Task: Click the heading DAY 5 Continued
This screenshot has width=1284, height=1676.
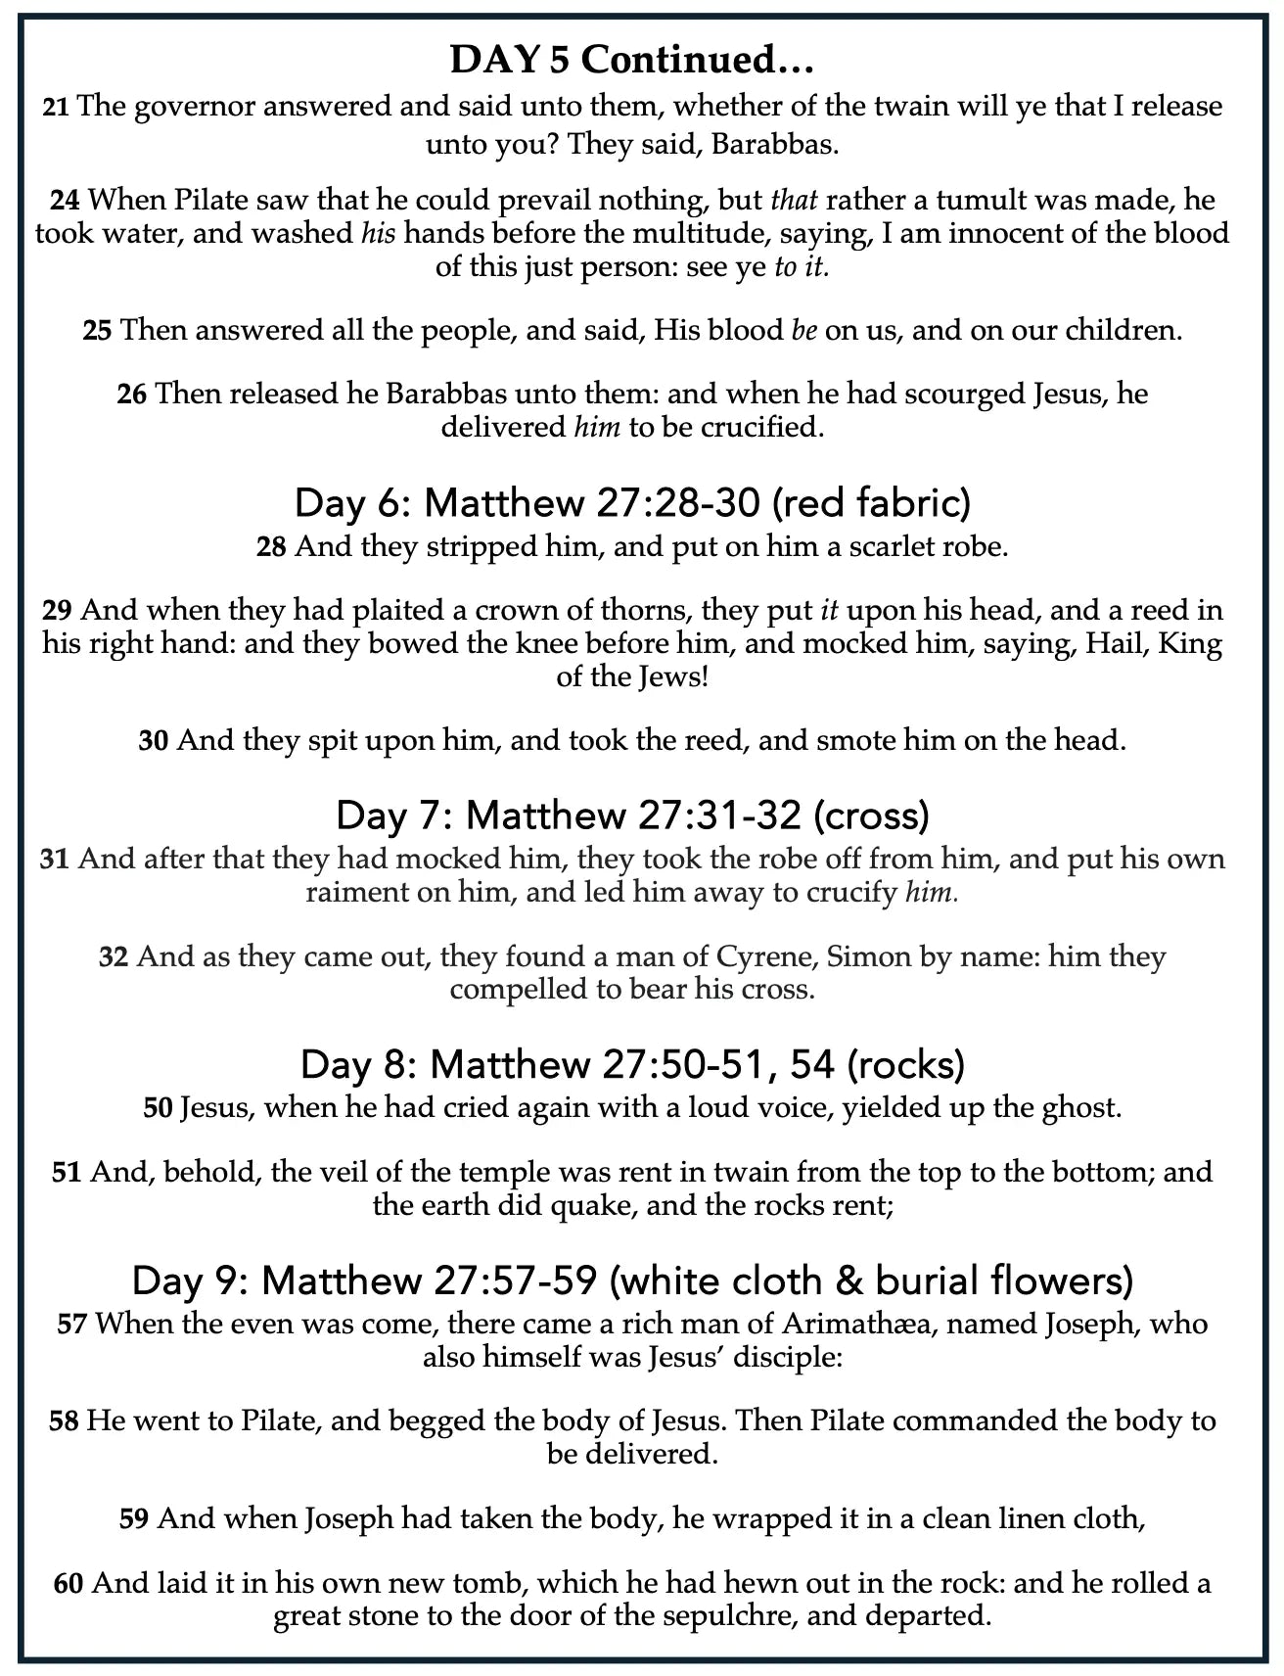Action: [632, 61]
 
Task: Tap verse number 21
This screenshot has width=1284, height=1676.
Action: [56, 107]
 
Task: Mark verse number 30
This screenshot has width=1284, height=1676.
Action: [154, 740]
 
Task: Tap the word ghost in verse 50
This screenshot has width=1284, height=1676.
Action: [1075, 1108]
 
